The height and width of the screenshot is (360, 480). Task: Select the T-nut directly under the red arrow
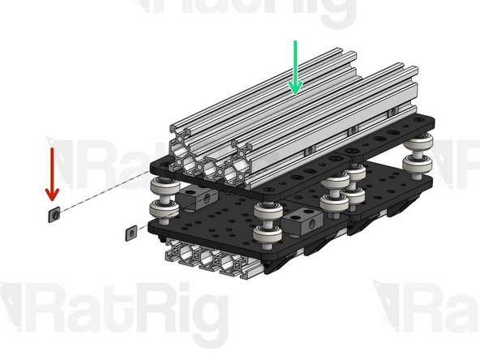[x=54, y=213]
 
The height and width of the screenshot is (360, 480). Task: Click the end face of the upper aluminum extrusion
[x=211, y=162]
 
